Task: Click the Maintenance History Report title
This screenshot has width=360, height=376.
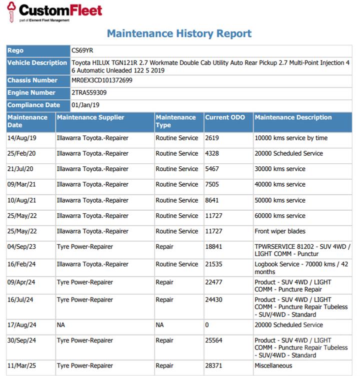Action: click(179, 34)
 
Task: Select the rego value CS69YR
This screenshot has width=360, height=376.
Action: click(82, 50)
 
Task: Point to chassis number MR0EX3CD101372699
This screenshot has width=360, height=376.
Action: click(102, 80)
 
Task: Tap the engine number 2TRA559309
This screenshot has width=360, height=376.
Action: click(89, 93)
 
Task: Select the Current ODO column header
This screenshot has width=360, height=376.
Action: click(225, 118)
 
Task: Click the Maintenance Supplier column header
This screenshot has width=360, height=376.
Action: click(90, 118)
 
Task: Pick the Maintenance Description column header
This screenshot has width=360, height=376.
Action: click(293, 118)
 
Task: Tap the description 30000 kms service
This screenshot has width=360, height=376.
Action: click(280, 169)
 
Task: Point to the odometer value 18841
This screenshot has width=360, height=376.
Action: click(213, 247)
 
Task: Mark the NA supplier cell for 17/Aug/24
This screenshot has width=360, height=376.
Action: click(61, 325)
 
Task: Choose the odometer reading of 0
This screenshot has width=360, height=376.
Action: click(207, 325)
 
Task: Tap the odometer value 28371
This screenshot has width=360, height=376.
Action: click(213, 366)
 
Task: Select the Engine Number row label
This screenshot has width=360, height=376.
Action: click(31, 93)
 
